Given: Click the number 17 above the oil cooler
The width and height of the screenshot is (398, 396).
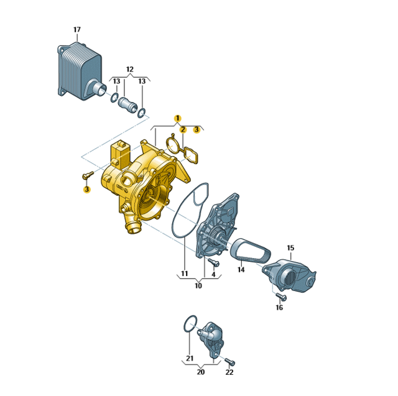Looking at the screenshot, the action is [77, 30].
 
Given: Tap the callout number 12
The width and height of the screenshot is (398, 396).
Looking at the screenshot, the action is [130, 69].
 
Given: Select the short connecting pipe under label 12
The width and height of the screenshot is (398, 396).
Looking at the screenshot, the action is [128, 105].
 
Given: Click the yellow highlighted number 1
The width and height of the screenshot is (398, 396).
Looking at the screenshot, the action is [178, 118].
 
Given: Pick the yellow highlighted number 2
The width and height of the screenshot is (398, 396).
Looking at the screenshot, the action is [183, 130].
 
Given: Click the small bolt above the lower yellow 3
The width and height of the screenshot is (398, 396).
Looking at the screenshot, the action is [88, 175].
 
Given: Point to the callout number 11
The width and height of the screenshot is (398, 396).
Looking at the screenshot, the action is [185, 274].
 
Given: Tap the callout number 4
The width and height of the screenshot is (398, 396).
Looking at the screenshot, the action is [213, 274].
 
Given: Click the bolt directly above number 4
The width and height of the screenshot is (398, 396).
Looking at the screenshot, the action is [214, 262].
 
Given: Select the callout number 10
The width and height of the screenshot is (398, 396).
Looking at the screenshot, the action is [198, 285].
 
